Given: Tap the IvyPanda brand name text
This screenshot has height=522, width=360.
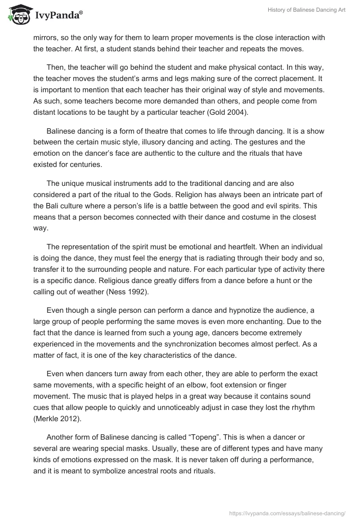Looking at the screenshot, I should point(58,15).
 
